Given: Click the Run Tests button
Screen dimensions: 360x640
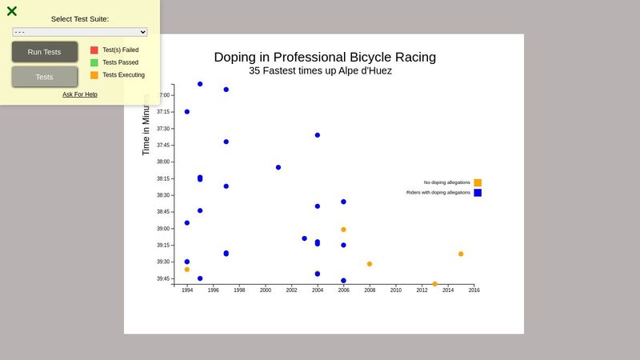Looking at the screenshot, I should (x=45, y=52).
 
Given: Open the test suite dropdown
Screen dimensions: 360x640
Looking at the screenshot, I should (x=80, y=32).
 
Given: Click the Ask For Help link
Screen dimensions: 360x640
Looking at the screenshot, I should (x=80, y=94).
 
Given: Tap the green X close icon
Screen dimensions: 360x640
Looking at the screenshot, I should (x=12, y=11).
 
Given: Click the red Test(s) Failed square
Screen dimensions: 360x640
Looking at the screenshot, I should (x=94, y=50).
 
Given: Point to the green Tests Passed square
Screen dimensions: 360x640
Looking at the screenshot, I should (x=94, y=62).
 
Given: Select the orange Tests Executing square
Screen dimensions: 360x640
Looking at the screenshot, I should (x=94, y=75).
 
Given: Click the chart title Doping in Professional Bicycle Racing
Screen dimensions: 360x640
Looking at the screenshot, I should (x=325, y=57).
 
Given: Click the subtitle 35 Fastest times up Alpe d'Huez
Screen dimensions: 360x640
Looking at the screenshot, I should (x=320, y=70).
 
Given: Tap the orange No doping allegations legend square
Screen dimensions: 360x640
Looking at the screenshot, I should (x=478, y=182).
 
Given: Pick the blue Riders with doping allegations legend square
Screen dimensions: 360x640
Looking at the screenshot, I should (x=478, y=193).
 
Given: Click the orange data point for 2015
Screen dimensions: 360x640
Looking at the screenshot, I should (x=461, y=254).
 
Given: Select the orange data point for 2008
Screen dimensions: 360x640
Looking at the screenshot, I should (x=370, y=264).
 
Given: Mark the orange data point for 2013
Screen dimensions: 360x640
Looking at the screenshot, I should (x=434, y=284).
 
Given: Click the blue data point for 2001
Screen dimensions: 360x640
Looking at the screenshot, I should (x=278, y=167).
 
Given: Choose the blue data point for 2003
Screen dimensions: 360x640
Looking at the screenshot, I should (x=304, y=238).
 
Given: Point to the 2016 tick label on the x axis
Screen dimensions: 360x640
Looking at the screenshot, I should (x=474, y=290).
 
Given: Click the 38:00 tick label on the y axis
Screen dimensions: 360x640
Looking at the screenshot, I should (x=163, y=162).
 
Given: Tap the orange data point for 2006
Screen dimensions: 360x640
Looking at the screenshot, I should (x=343, y=230).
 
